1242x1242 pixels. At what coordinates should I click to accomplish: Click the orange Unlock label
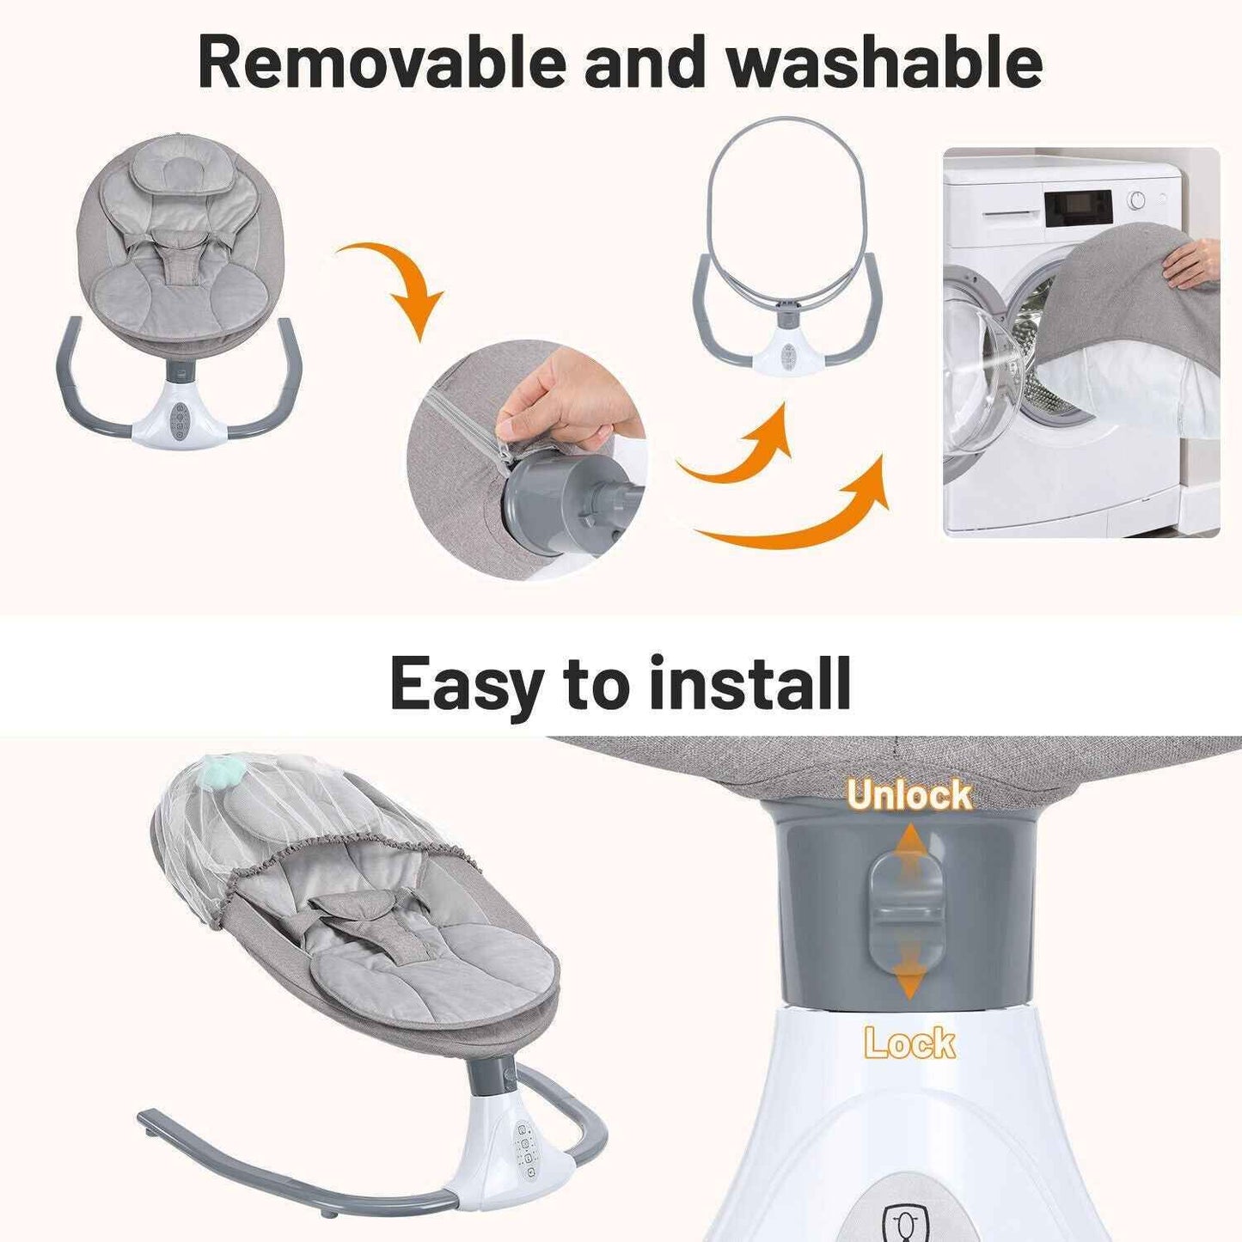(x=909, y=795)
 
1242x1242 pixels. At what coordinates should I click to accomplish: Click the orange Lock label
(x=909, y=1043)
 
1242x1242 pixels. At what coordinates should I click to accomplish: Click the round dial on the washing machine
(x=1136, y=200)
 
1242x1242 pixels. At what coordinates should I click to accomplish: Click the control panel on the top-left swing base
(x=180, y=421)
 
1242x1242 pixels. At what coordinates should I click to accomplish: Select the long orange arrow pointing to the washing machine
(x=799, y=516)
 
